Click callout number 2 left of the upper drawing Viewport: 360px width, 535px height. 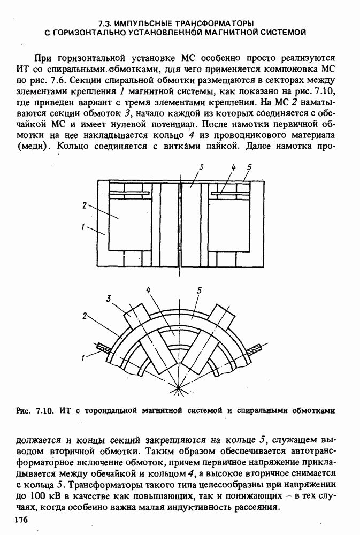(x=85, y=205)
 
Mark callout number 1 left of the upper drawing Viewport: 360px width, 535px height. (x=83, y=227)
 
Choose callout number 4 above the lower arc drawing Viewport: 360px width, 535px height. (x=148, y=289)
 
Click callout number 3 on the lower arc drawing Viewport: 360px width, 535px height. (x=109, y=299)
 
